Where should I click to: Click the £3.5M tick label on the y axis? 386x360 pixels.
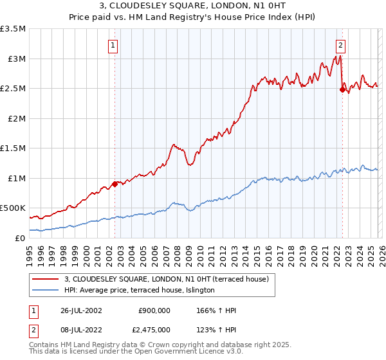(13, 29)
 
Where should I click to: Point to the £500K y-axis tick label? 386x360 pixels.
(13, 208)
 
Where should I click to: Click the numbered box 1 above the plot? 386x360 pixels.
(113, 45)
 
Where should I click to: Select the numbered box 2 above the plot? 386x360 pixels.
(340, 45)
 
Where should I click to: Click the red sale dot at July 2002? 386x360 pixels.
(115, 184)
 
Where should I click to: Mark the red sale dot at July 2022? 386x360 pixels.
(342, 90)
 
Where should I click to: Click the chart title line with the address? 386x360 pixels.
(193, 6)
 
